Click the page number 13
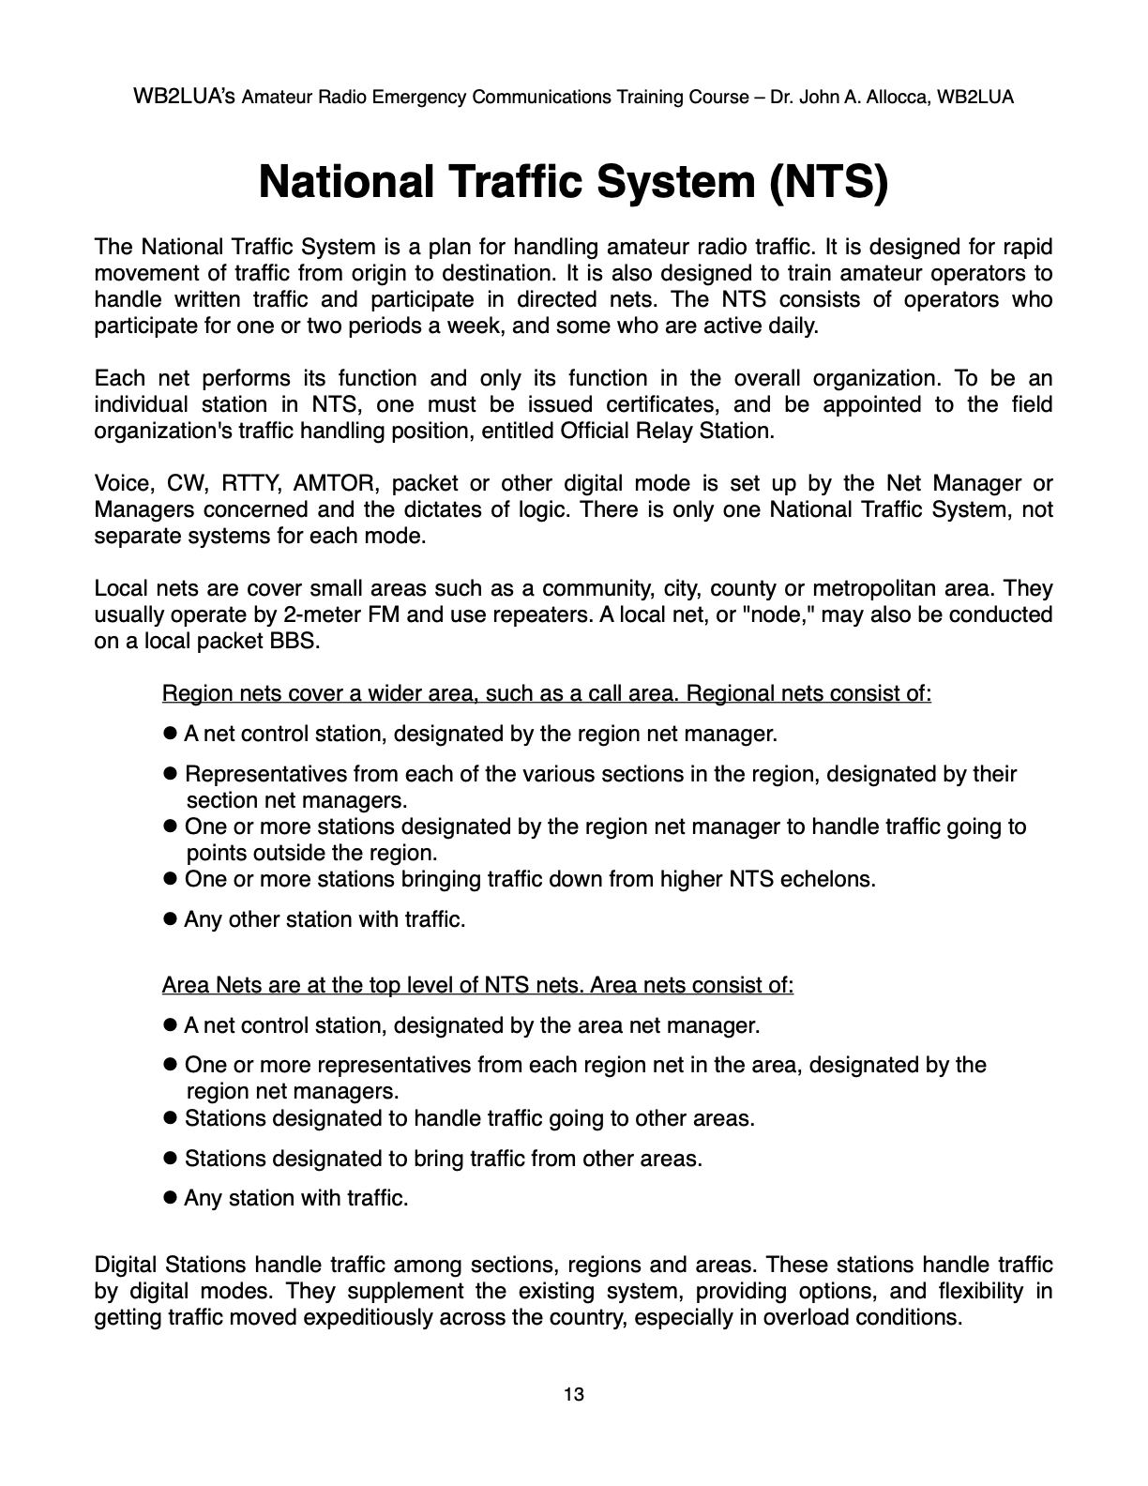(x=574, y=1395)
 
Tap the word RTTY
(x=248, y=484)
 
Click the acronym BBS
(x=299, y=642)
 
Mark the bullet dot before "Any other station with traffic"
(x=171, y=919)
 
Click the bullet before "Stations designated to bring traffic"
(x=171, y=1159)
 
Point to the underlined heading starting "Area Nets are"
(x=477, y=986)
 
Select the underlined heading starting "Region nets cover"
(x=546, y=694)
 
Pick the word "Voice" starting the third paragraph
(x=123, y=484)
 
